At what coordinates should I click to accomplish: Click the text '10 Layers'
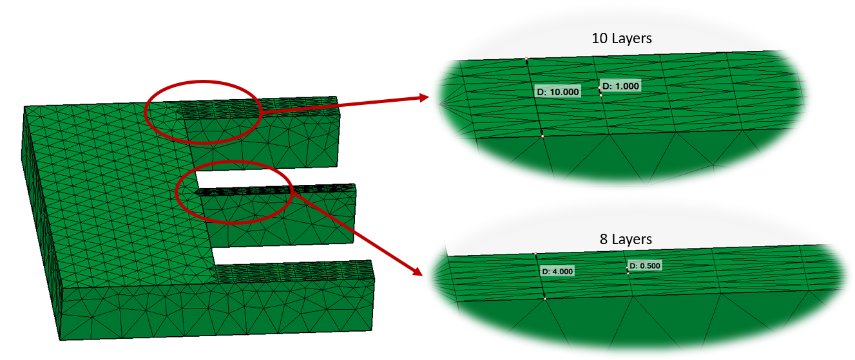(x=621, y=39)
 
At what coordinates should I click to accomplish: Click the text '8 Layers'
(x=625, y=240)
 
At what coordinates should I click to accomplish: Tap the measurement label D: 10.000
(x=558, y=91)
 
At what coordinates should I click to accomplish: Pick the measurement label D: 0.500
(x=645, y=266)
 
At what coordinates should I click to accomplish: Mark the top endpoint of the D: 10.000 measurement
(x=526, y=59)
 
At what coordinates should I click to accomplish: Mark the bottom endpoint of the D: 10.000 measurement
(x=543, y=135)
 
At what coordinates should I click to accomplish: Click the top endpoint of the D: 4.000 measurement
(x=535, y=254)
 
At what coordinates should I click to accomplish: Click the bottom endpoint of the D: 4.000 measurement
(x=544, y=298)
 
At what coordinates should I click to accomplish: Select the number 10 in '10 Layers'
(x=599, y=39)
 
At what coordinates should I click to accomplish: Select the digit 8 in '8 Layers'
(x=604, y=240)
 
